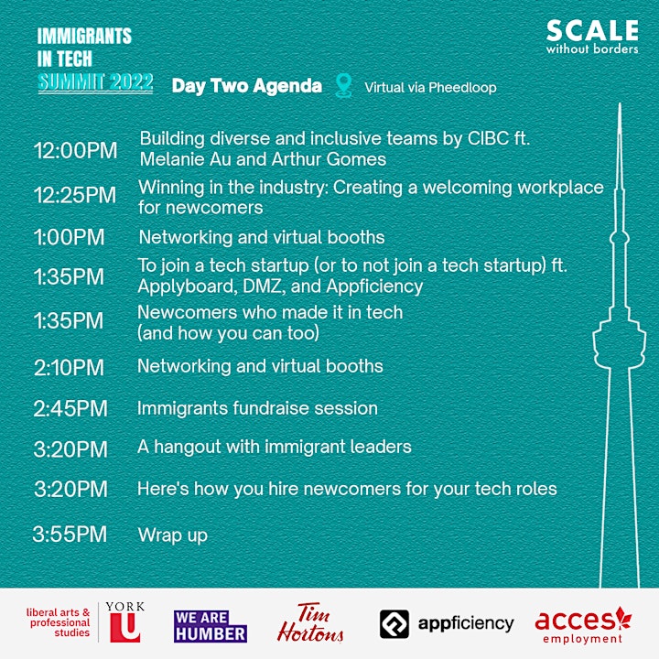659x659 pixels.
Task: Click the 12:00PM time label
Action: [75, 150]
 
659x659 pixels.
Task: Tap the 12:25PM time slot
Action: [75, 195]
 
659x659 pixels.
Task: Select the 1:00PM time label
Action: [69, 237]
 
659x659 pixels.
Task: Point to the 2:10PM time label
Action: [69, 368]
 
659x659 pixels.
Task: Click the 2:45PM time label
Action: [70, 408]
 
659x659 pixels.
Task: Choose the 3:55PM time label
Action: [70, 535]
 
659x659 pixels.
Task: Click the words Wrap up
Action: [173, 535]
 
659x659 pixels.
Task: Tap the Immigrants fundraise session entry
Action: [257, 408]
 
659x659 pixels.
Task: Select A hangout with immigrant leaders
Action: [274, 447]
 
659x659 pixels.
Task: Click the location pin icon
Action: [343, 85]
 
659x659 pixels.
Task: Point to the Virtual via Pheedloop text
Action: [430, 88]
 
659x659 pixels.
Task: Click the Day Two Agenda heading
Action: [247, 86]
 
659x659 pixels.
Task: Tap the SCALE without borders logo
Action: [592, 37]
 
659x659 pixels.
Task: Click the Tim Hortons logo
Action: [310, 623]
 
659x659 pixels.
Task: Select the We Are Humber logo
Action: [211, 626]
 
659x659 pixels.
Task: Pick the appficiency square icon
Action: [394, 624]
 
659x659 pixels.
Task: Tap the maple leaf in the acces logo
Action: [623, 618]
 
